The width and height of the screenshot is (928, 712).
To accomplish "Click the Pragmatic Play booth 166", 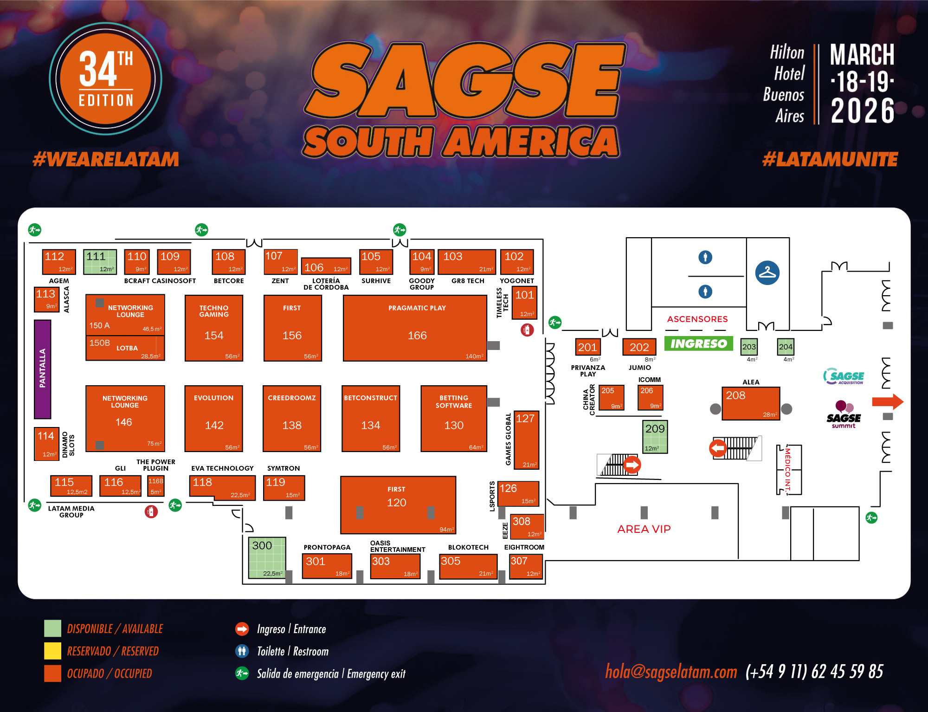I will [415, 328].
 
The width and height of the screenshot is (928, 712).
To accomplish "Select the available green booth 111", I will [100, 262].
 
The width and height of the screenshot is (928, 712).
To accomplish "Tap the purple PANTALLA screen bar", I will [42, 369].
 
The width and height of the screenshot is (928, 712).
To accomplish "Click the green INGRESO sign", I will [698, 343].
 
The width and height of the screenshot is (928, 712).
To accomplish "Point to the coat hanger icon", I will [767, 273].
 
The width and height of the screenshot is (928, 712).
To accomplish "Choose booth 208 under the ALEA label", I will [750, 403].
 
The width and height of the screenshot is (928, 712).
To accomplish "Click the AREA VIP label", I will [644, 529].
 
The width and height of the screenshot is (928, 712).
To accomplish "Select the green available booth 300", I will [267, 557].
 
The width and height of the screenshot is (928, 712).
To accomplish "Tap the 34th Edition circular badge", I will [106, 79].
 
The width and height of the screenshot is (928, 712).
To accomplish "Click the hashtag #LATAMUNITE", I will [830, 160].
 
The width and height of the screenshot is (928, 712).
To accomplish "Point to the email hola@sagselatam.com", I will [671, 672].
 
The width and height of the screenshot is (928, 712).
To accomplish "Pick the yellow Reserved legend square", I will [52, 651].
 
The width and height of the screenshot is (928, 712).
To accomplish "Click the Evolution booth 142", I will [214, 418].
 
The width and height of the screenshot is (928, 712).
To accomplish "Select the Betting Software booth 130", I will [453, 418].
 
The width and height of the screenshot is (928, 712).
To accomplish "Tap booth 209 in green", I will [655, 437].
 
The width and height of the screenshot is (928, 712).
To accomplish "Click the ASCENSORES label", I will [697, 319].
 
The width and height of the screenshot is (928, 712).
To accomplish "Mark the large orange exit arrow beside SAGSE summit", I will [887, 401].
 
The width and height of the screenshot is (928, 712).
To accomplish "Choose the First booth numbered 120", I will [398, 505].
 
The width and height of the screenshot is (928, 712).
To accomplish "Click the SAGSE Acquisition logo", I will [844, 376].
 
